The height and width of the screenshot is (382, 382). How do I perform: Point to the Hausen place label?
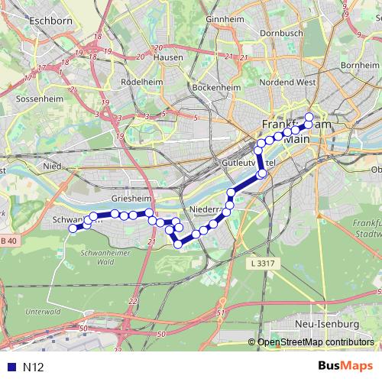168,57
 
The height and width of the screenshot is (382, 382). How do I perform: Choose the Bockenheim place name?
216,88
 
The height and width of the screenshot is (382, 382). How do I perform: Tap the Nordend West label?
287,81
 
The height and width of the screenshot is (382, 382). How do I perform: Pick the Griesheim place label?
128,198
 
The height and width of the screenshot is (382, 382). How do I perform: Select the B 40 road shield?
7,241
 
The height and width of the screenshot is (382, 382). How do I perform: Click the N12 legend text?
33,367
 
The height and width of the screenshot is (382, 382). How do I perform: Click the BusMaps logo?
342,367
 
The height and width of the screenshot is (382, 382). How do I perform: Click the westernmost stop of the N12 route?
73,228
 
